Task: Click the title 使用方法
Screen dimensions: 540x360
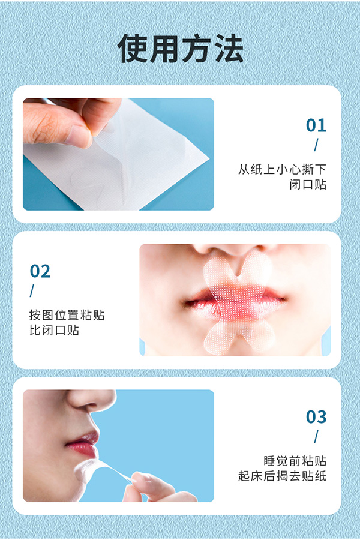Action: click(180, 48)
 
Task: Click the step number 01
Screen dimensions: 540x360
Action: click(316, 125)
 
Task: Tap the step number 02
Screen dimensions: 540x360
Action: click(40, 271)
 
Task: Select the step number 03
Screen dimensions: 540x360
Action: click(316, 416)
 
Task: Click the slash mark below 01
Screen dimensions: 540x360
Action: click(316, 145)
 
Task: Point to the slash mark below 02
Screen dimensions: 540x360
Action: click(32, 291)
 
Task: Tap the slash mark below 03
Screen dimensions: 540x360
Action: click(316, 436)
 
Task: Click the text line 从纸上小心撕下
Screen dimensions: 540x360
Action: click(282, 169)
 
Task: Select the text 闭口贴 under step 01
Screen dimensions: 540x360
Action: click(307, 185)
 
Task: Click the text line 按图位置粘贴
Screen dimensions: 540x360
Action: click(67, 315)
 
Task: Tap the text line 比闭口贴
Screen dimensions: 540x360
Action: click(54, 330)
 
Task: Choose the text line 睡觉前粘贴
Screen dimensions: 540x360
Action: click(295, 461)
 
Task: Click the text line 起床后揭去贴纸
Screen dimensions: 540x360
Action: click(282, 476)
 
